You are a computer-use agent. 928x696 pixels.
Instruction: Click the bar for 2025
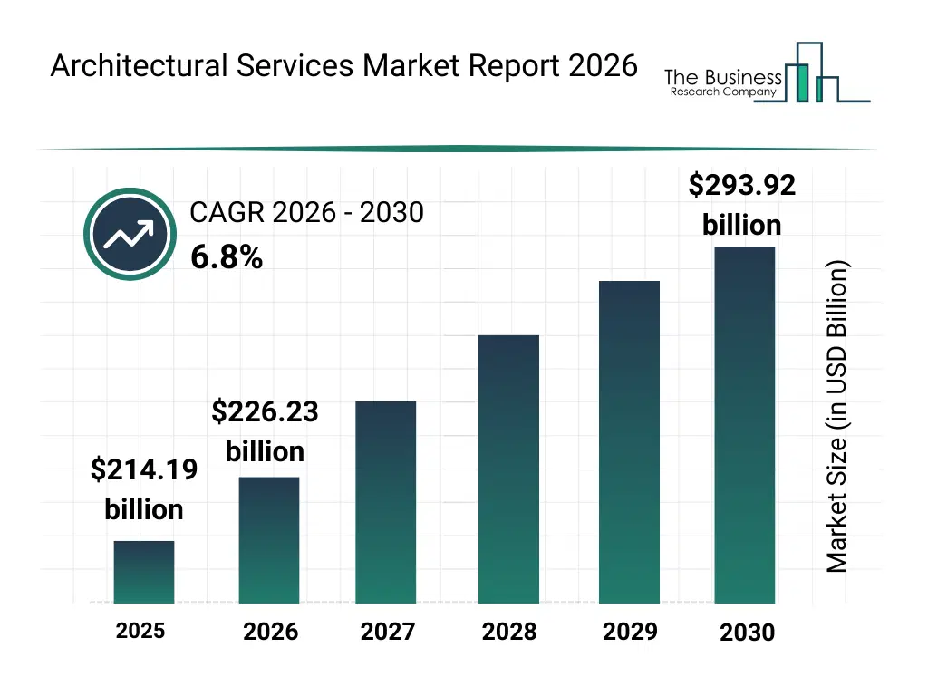click(x=144, y=572)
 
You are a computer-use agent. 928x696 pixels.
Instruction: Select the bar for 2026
click(x=269, y=540)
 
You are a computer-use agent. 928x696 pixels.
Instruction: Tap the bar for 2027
click(x=386, y=502)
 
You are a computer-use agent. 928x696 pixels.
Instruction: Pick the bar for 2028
click(x=508, y=469)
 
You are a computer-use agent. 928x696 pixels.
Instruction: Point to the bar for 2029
click(x=629, y=442)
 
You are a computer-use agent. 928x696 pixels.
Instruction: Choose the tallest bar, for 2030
click(x=745, y=424)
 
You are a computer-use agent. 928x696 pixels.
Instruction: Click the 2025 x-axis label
click(x=140, y=631)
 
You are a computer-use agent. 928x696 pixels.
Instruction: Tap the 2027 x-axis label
click(x=388, y=632)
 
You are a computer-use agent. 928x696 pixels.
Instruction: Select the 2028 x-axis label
click(x=509, y=632)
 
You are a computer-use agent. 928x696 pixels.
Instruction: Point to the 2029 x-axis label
click(x=630, y=632)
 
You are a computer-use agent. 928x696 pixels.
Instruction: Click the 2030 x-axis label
click(x=747, y=633)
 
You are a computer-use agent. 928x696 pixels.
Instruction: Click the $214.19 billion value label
click(x=144, y=489)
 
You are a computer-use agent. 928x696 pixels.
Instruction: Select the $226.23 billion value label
click(x=265, y=431)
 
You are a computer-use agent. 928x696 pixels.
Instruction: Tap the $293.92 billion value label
click(x=741, y=205)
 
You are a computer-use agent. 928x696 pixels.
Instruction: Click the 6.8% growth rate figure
click(x=227, y=258)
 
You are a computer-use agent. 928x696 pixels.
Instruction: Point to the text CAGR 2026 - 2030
click(x=306, y=213)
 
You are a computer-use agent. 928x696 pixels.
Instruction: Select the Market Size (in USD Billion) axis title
click(x=837, y=417)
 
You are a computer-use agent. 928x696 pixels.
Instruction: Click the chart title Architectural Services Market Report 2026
click(x=343, y=66)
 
